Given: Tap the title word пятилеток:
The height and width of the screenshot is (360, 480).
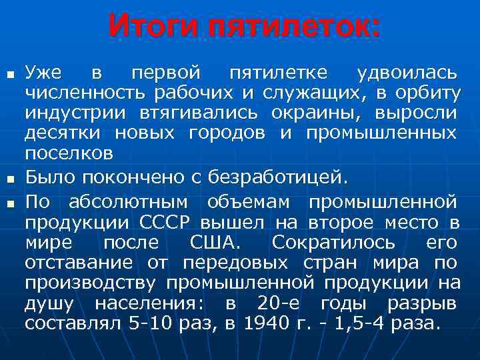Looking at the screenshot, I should click(294, 27).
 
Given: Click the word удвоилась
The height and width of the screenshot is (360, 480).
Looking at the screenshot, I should click(407, 71).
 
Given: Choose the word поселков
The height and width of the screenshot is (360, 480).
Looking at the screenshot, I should click(69, 153).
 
